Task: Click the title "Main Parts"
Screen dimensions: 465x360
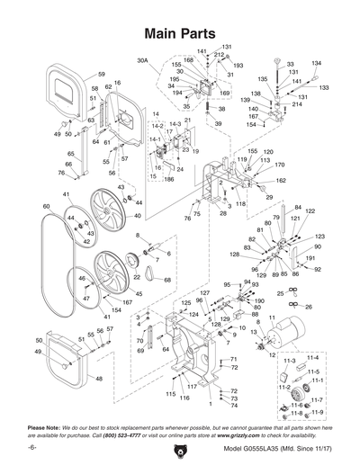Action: [181, 31]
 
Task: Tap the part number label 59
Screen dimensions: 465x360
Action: [102, 74]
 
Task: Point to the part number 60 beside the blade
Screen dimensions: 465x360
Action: [46, 207]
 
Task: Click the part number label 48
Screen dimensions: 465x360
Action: [99, 380]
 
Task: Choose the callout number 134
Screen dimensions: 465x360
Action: [316, 64]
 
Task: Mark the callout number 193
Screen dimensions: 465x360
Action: [238, 66]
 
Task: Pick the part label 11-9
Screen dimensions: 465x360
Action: [317, 411]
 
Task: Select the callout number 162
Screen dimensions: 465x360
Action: [281, 181]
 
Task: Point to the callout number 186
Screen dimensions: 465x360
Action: [168, 180]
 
